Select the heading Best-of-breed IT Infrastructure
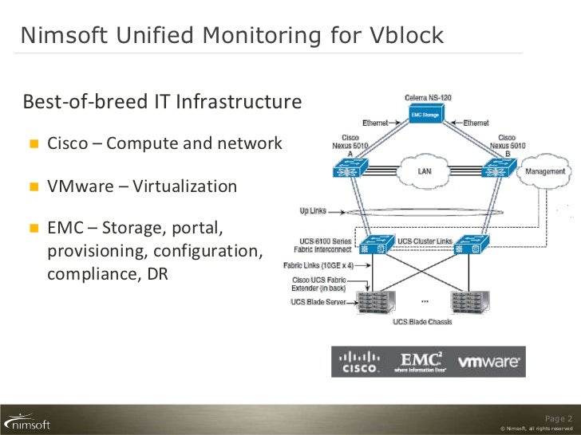[x=162, y=102]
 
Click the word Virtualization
[x=184, y=186]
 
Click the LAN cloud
[x=425, y=170]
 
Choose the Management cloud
[x=545, y=171]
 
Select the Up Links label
[x=315, y=211]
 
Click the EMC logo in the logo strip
[x=422, y=361]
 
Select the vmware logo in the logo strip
[x=488, y=362]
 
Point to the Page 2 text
[x=558, y=418]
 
